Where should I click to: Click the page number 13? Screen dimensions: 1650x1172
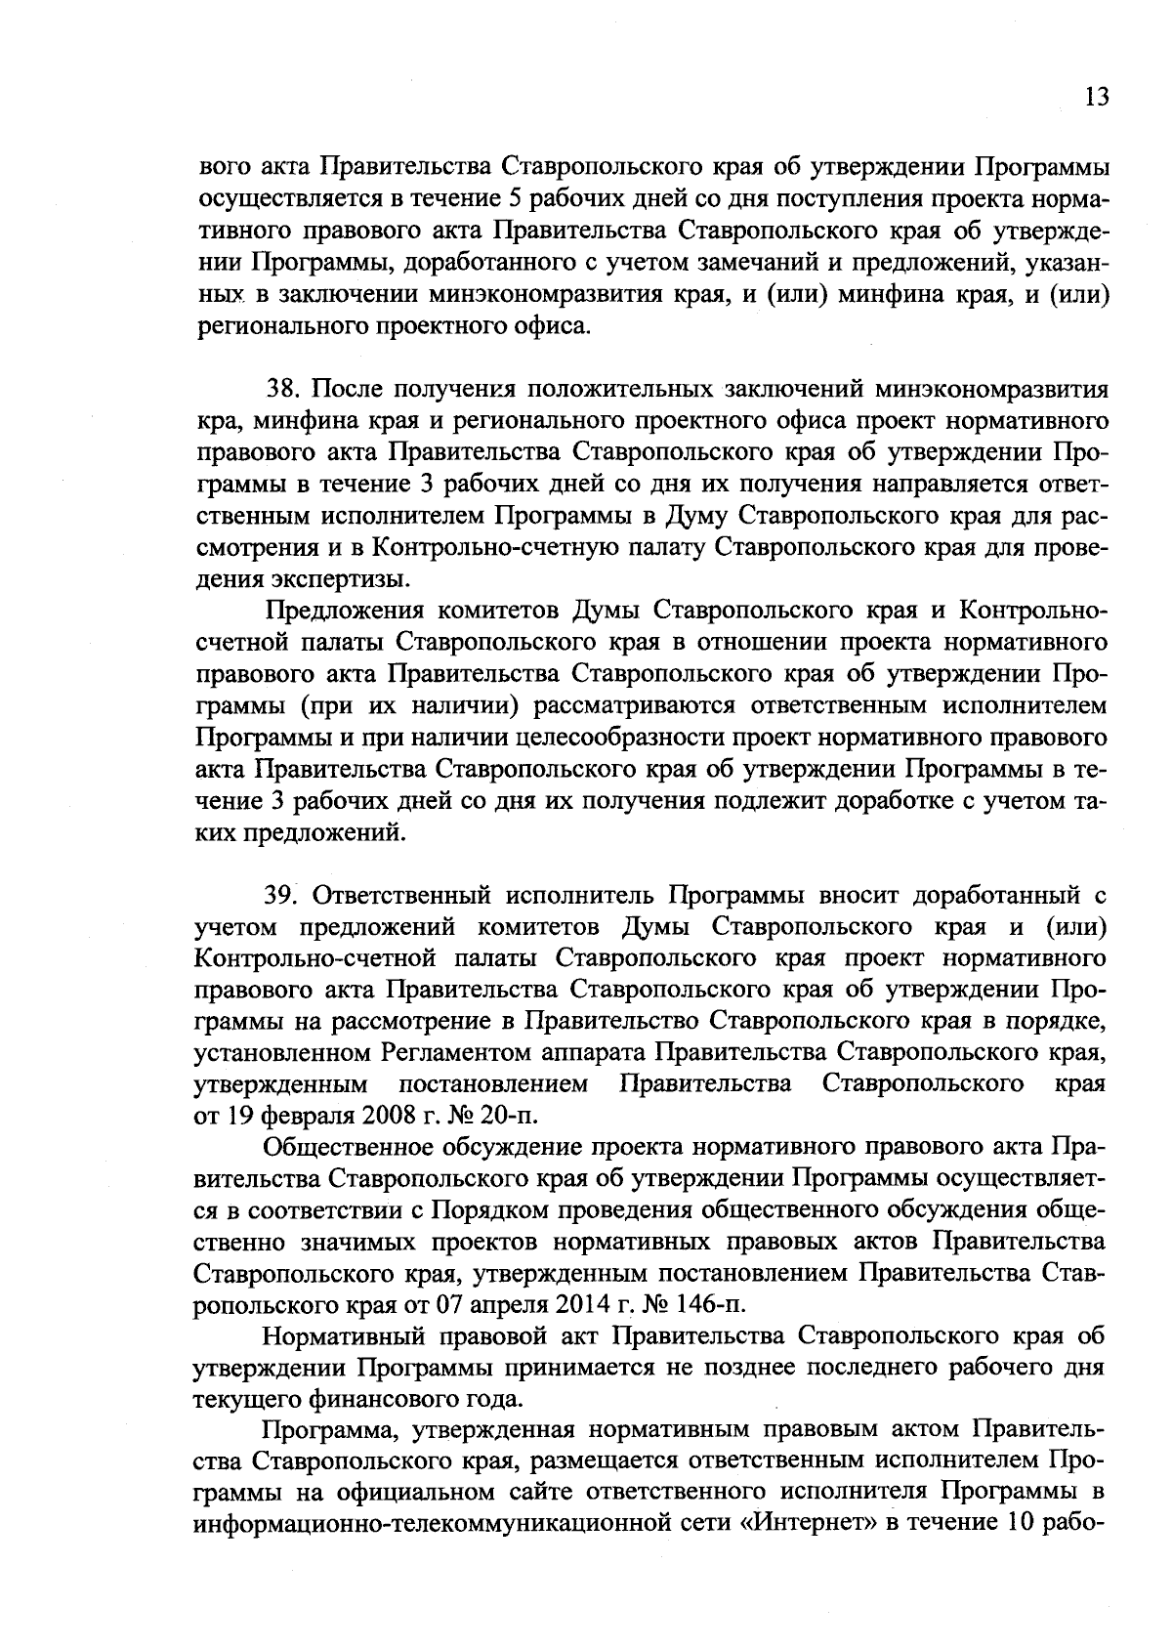(x=1097, y=98)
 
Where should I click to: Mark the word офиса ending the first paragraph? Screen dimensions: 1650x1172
(x=554, y=324)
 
